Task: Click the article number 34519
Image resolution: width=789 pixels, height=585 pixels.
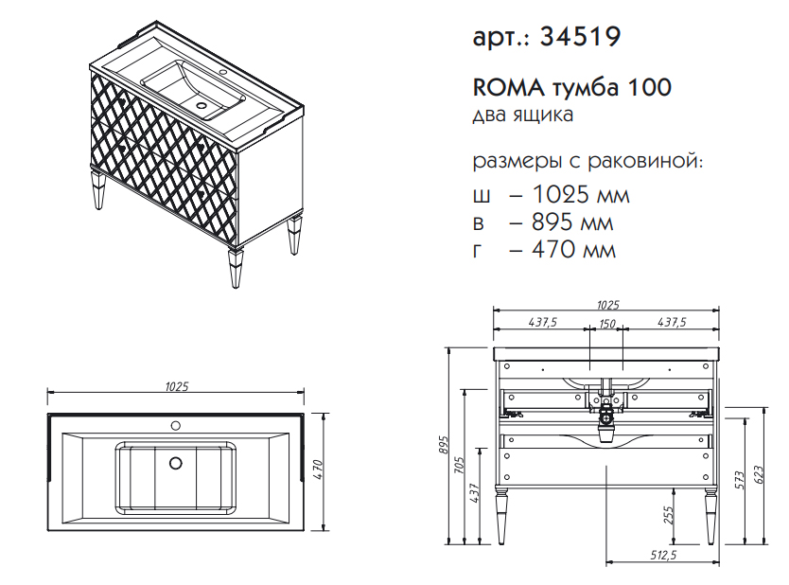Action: pyautogui.click(x=580, y=36)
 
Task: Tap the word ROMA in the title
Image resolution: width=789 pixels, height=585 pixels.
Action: pyautogui.click(x=508, y=88)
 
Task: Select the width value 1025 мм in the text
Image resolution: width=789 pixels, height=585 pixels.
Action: pyautogui.click(x=580, y=194)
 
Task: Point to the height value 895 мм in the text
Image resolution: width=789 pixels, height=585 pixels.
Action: pyautogui.click(x=572, y=222)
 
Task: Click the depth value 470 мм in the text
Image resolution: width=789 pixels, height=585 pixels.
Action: pyautogui.click(x=573, y=249)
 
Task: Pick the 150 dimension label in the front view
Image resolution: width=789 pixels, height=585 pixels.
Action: pyautogui.click(x=607, y=323)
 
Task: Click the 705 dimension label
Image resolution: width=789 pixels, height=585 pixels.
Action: pyautogui.click(x=459, y=465)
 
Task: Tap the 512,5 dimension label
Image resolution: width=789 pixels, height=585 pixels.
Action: pyautogui.click(x=662, y=555)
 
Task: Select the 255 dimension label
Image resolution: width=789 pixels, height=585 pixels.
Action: pyautogui.click(x=668, y=515)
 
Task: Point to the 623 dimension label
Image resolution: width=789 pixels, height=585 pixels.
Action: pyautogui.click(x=759, y=475)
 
